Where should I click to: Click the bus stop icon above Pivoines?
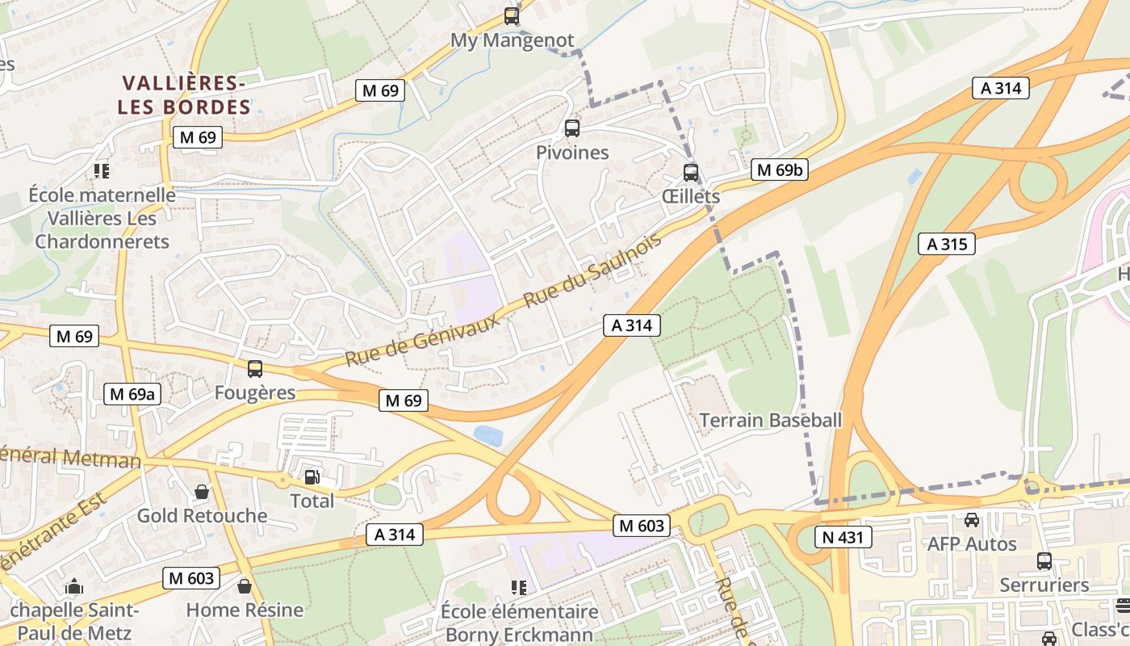(x=571, y=128)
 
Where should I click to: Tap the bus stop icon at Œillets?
(x=690, y=172)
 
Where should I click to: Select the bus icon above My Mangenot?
(x=511, y=15)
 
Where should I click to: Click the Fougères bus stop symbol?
(x=255, y=369)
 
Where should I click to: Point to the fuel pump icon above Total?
(x=312, y=476)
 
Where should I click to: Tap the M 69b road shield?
(x=780, y=170)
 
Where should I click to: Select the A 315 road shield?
(x=947, y=244)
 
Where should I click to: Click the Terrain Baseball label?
(x=770, y=420)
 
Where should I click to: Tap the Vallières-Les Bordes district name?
(x=184, y=94)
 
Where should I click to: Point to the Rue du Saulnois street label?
(x=592, y=270)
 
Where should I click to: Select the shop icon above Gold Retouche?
(x=202, y=492)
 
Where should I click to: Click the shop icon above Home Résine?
(x=245, y=585)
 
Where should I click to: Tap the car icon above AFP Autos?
(x=972, y=520)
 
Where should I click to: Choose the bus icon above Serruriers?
(x=1044, y=560)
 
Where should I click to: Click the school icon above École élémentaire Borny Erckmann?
(x=519, y=587)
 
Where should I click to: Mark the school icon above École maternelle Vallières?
(x=102, y=170)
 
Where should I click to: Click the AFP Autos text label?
(x=972, y=544)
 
